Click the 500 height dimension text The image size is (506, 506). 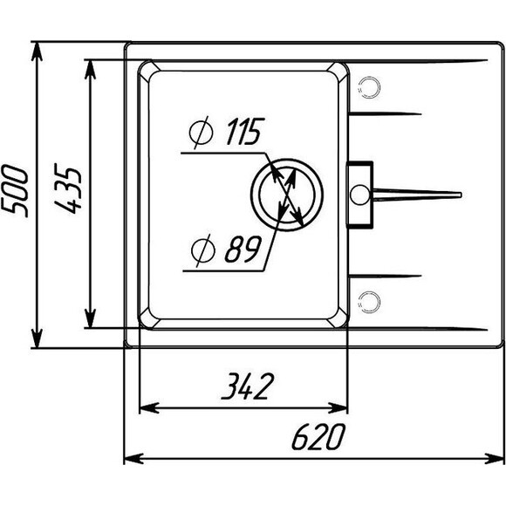point(15,191)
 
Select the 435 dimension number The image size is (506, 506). point(67,188)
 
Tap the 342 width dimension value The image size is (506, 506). point(248,386)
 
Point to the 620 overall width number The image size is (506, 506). point(318,436)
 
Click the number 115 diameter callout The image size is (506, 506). point(245,131)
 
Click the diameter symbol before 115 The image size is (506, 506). point(201,133)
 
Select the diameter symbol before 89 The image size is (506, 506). point(202,250)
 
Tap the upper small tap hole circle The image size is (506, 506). point(369,87)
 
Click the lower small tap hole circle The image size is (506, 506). point(369,302)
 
